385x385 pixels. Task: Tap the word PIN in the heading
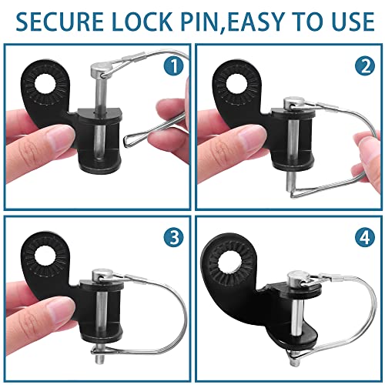coord(199,21)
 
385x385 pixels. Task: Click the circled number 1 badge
coord(174,66)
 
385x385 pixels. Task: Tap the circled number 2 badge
coord(365,66)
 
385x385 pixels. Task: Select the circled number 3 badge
coord(174,238)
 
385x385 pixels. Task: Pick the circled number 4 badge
coord(365,238)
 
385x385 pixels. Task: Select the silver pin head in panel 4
coord(297,278)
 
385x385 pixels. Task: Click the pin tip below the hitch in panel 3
coord(99,358)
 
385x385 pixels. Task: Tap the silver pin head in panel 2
coord(292,104)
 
